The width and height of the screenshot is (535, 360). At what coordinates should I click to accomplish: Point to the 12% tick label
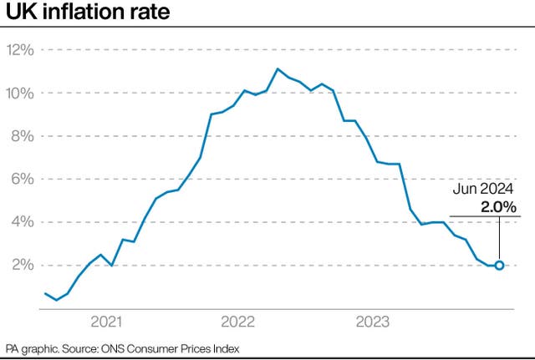(x=20, y=49)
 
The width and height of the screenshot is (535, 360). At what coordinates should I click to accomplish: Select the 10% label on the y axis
(x=20, y=93)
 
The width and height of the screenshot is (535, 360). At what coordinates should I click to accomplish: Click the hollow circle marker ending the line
(x=499, y=266)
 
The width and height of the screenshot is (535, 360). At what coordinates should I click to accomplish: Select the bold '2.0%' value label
(x=497, y=206)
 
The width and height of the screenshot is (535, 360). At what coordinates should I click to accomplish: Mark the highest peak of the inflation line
(x=278, y=68)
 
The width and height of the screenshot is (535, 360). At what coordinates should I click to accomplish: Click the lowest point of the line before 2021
(x=56, y=300)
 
